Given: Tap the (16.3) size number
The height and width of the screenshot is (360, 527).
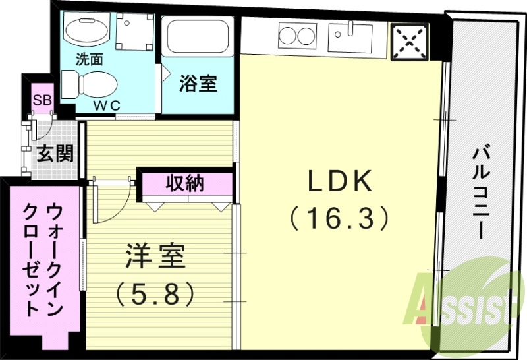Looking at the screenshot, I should [x=339, y=217].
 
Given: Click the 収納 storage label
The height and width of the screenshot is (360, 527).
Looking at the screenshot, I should [x=185, y=183].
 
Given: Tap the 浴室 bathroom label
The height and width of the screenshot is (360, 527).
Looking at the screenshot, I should [x=198, y=84].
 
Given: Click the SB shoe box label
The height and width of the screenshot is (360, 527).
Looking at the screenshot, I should [x=43, y=100].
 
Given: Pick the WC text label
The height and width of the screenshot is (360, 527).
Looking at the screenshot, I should [x=105, y=105].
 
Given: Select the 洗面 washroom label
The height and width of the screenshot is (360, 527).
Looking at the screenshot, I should [x=89, y=59].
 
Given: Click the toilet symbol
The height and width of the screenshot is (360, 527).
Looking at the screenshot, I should [x=88, y=84].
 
